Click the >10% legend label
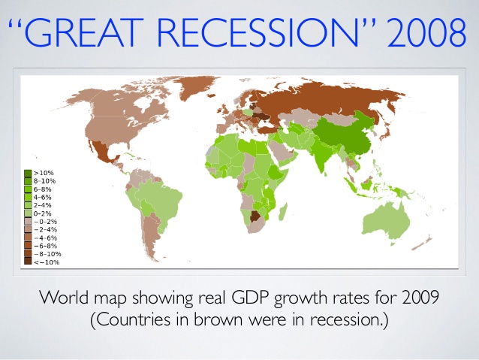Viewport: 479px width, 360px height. [x=42, y=173]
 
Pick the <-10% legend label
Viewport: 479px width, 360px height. [x=46, y=262]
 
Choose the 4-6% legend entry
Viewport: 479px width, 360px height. [x=43, y=197]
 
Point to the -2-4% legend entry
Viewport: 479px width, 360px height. [x=45, y=229]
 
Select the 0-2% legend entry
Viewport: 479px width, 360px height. [x=43, y=213]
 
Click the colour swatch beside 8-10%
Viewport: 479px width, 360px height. [x=28, y=181]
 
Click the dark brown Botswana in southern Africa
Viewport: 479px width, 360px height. [x=255, y=217]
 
